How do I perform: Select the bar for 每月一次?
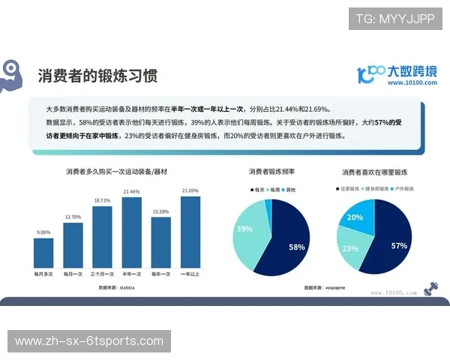(73, 244)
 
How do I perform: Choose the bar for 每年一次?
(161, 242)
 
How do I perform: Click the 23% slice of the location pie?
(351, 248)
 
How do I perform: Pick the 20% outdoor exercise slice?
(355, 217)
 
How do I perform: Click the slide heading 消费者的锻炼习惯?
(103, 76)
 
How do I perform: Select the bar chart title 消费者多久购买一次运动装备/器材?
(116, 172)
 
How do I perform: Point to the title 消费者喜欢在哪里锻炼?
(373, 172)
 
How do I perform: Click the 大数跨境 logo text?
(411, 72)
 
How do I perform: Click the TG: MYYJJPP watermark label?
(395, 19)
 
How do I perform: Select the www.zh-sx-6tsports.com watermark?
(89, 342)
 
